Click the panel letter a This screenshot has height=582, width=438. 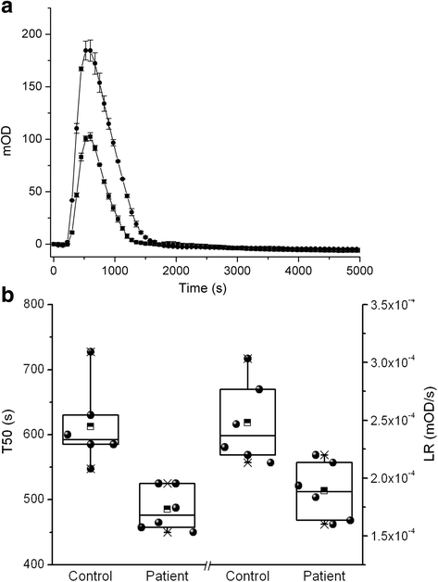7,8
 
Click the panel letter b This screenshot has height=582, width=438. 8,298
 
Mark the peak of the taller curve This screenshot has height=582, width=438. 88,50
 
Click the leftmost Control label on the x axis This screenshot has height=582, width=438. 91,576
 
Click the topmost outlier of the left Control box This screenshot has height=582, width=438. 91,352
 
